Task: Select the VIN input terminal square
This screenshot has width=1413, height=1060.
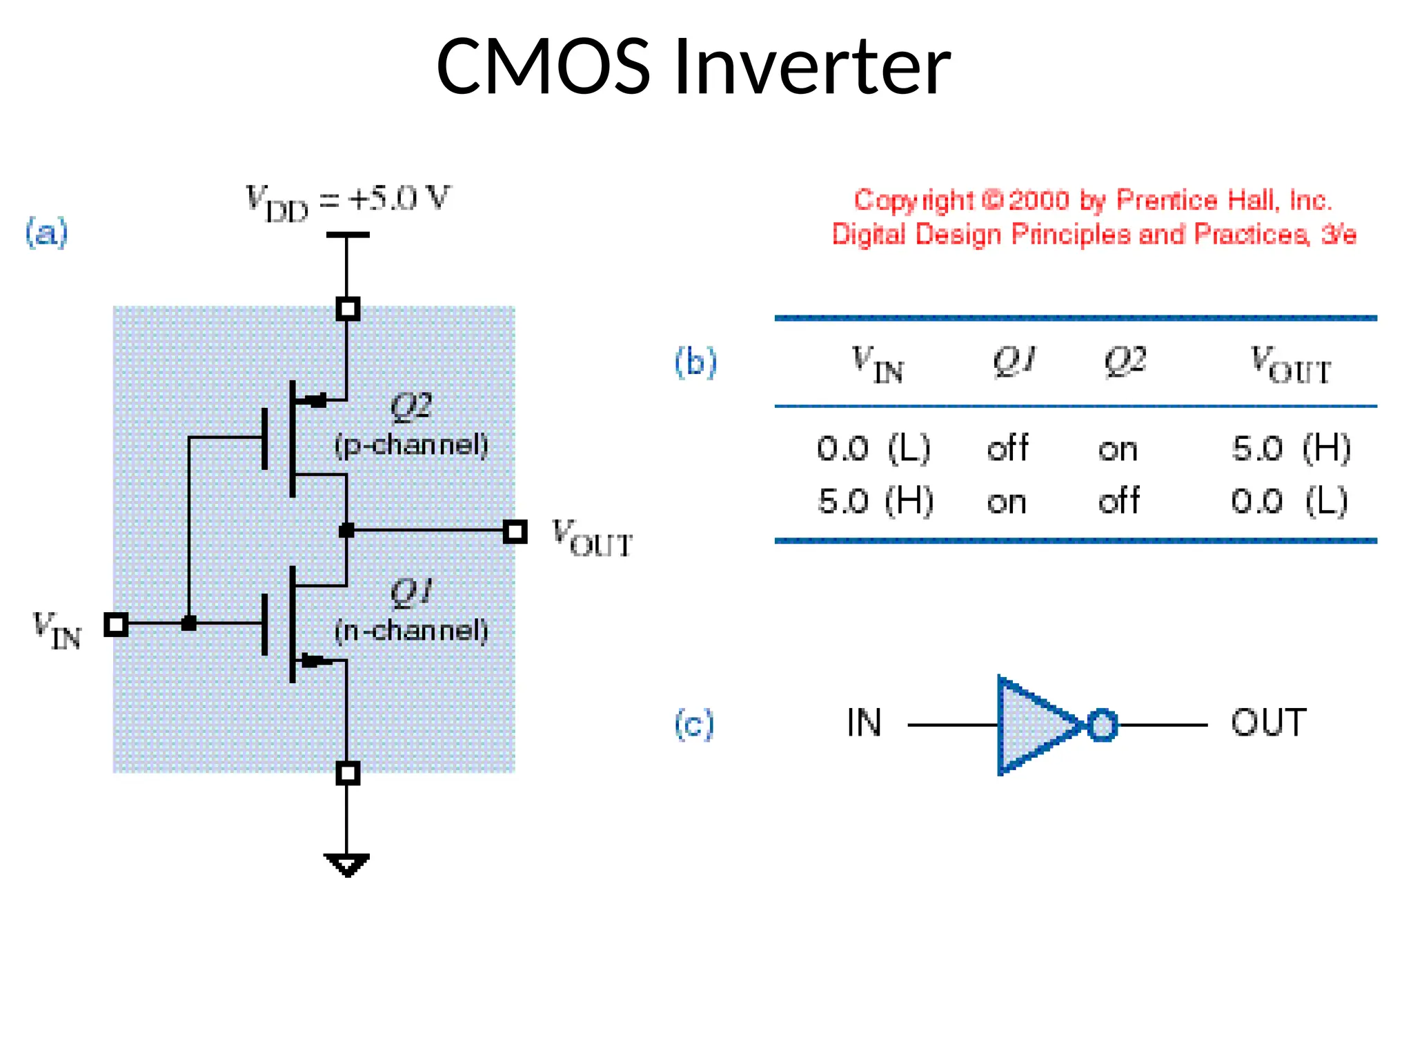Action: coord(116,624)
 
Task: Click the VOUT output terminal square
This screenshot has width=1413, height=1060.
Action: coord(515,531)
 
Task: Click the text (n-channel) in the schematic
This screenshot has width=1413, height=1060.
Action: coord(411,630)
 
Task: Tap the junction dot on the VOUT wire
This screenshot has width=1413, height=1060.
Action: coord(347,531)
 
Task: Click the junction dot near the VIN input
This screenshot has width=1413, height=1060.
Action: coord(188,623)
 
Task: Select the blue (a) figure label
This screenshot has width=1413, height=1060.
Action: coord(47,232)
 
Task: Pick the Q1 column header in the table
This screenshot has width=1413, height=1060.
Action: coord(1014,360)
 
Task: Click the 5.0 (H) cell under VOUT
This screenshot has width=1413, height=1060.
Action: coord(1290,449)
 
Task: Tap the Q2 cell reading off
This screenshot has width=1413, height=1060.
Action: coord(1118,501)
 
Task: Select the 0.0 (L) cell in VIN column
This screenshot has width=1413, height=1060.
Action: coord(873,449)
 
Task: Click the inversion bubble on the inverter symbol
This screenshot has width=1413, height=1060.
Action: coord(1102,725)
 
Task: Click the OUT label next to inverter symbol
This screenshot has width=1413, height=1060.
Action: coord(1268,723)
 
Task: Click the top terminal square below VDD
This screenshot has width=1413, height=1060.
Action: coord(348,308)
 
